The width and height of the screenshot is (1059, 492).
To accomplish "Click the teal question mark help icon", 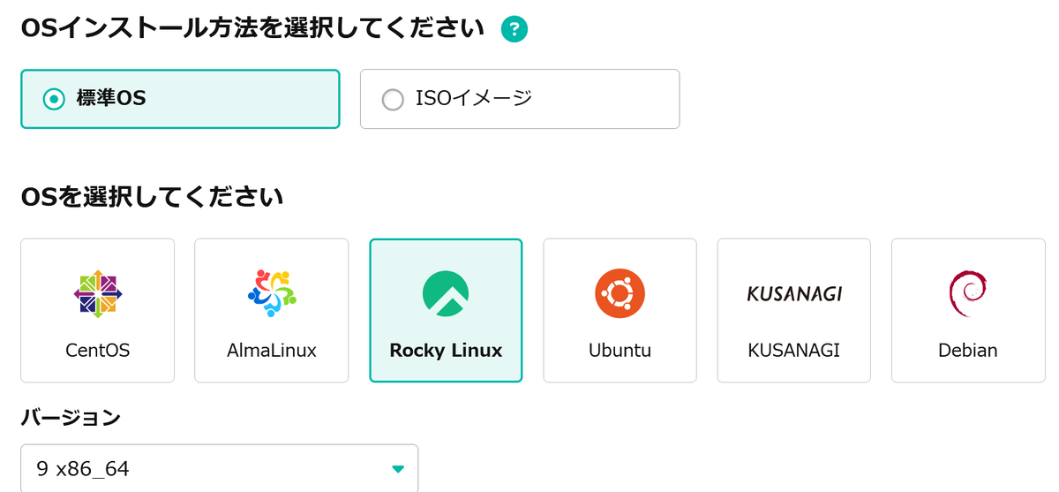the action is click(x=514, y=29).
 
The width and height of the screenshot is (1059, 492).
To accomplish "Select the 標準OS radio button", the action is click(x=54, y=99).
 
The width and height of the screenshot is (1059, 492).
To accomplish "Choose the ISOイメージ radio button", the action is click(x=393, y=100).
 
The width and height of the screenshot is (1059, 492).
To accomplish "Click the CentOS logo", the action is click(x=98, y=294).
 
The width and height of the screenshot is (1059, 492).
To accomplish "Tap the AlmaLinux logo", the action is click(x=272, y=293).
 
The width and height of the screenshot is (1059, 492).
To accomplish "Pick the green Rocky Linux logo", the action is click(x=446, y=293).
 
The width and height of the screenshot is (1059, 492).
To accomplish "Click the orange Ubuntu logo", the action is click(x=620, y=293).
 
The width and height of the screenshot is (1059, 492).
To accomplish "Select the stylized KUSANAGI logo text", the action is click(x=794, y=294).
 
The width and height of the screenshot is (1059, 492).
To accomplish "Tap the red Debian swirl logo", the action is click(x=967, y=293).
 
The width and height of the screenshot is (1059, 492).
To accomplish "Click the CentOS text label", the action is click(x=97, y=351).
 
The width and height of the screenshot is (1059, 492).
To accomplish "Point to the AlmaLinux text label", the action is click(x=272, y=351).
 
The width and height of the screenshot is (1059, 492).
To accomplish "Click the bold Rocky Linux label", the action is click(x=446, y=351).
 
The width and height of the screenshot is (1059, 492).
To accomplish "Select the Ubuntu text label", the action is click(x=620, y=351).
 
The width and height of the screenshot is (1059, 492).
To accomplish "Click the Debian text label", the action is click(x=968, y=351).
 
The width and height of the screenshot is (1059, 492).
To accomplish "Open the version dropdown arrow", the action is click(x=398, y=469).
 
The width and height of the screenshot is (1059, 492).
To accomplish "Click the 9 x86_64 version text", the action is click(x=83, y=469).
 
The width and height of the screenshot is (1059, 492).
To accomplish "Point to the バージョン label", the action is click(x=71, y=418).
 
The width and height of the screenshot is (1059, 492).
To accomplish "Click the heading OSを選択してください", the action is click(x=152, y=197).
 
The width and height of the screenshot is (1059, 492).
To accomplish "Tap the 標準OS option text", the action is click(x=111, y=98).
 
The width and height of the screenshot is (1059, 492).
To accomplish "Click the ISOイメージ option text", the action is click(x=474, y=98).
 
